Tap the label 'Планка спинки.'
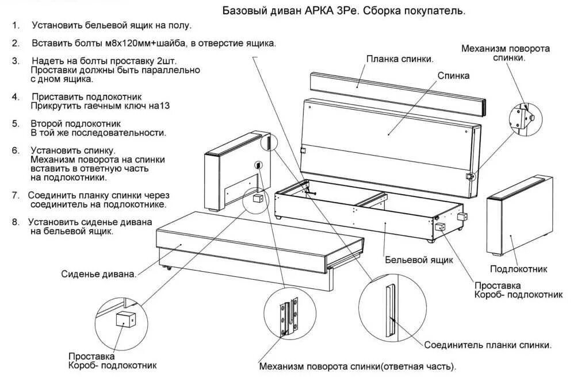tap(400, 59)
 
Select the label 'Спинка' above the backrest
tap(453, 75)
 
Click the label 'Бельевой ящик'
tap(419, 260)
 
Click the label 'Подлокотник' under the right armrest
tap(518, 269)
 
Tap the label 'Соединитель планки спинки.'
tap(488, 345)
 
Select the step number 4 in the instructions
tap(15, 96)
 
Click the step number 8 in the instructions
tap(16, 222)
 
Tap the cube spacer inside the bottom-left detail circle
tap(125, 319)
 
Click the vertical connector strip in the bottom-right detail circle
tap(391, 309)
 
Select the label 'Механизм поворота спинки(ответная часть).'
tap(357, 366)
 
